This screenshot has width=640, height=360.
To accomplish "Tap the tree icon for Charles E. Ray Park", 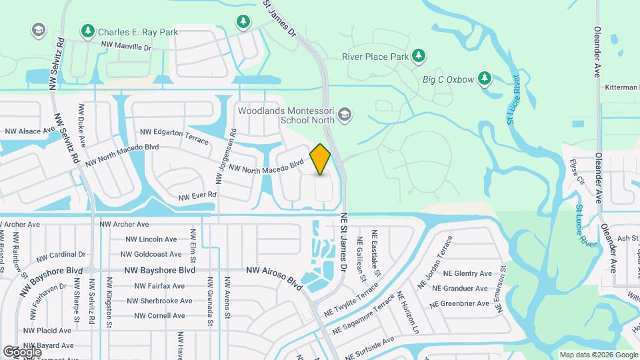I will click(87, 31).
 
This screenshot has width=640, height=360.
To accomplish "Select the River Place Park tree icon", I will click(419, 56).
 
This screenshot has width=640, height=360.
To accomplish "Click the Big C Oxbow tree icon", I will click(485, 79).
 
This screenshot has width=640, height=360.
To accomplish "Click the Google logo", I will click(22, 351).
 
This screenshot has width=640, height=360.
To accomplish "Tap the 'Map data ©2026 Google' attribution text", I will click(598, 355).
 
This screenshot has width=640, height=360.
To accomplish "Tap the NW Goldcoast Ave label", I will click(151, 254).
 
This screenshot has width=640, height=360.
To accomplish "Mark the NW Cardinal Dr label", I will click(61, 255).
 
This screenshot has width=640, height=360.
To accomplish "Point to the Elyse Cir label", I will click(577, 172).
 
